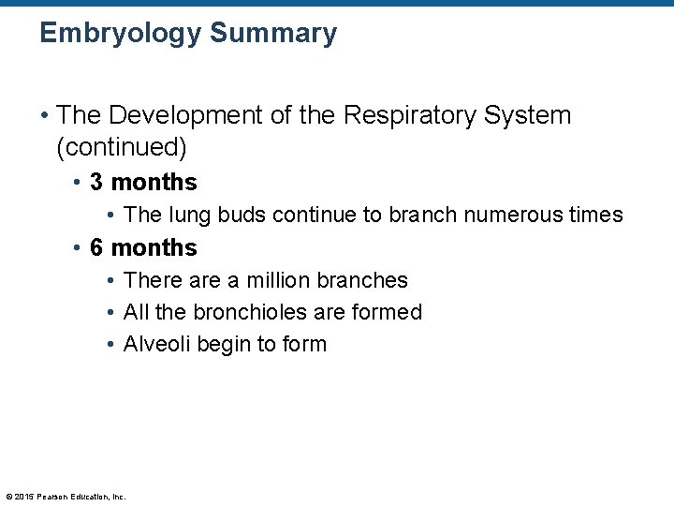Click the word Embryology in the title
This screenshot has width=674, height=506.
pyautogui.click(x=118, y=35)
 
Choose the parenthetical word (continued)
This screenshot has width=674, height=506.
pyautogui.click(x=122, y=147)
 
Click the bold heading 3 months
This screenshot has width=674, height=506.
pyautogui.click(x=143, y=181)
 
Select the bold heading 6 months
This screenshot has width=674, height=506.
pyautogui.click(x=143, y=247)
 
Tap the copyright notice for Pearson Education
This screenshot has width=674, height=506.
pyautogui.click(x=66, y=496)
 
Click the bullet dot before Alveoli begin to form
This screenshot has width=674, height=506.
pyautogui.click(x=110, y=345)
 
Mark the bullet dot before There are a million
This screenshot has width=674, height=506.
pyautogui.click(x=110, y=281)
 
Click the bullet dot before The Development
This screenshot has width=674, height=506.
pyautogui.click(x=45, y=116)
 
